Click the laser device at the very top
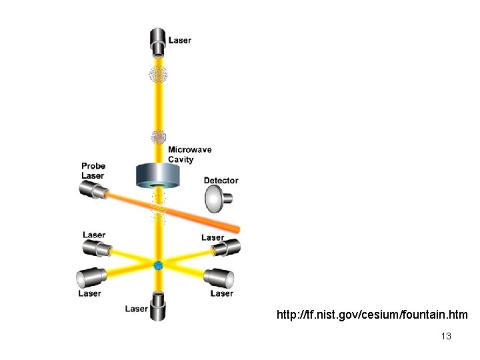pos(159,42)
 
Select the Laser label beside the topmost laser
pos(180,40)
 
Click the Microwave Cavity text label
pos(189,155)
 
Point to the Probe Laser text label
pos(93,171)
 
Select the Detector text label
pos(221,180)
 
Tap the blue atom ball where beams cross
pos(159,265)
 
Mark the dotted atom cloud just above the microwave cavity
pos(159,137)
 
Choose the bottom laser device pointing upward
pos(159,306)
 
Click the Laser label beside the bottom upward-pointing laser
pos(137,309)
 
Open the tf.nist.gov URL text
pos(372,314)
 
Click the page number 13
pos(446,336)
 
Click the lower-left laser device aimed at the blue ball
pos(91,277)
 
